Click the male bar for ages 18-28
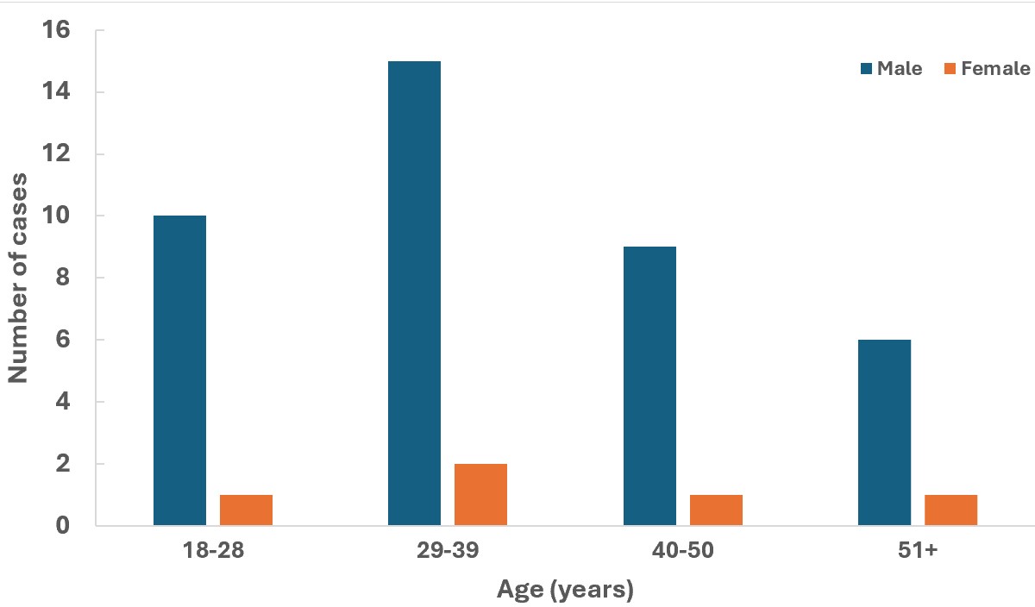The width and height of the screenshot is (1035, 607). [x=179, y=371]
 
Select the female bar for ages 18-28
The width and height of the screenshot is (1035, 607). [x=246, y=510]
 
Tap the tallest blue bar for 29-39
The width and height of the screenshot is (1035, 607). [x=414, y=293]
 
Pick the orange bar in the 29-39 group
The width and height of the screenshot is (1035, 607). [x=480, y=494]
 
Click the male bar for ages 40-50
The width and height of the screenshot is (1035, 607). [x=649, y=385]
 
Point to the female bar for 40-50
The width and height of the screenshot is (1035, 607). [x=716, y=510]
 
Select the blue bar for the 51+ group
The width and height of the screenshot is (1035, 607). [x=884, y=432]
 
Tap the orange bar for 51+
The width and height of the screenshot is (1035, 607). [x=950, y=510]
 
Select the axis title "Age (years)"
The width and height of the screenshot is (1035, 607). [x=565, y=591]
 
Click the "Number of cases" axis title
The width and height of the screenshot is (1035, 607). [x=19, y=278]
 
